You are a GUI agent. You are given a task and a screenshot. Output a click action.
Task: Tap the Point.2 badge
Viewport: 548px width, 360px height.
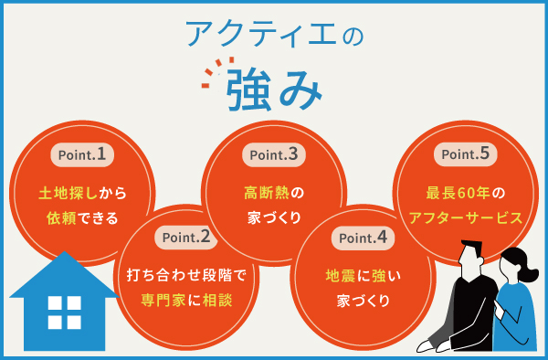click(x=186, y=238)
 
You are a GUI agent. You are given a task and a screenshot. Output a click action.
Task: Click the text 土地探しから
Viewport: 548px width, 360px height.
click(x=82, y=194)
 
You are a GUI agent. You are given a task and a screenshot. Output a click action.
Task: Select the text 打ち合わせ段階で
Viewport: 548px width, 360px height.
click(x=186, y=274)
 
